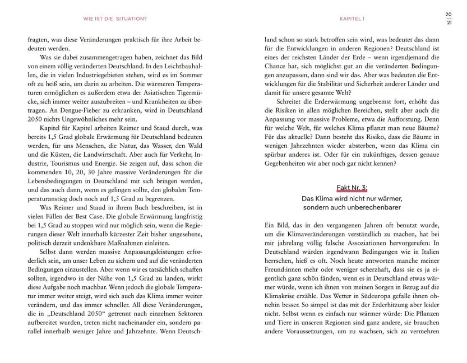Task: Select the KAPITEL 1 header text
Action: [352, 18]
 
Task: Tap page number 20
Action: [448, 14]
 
